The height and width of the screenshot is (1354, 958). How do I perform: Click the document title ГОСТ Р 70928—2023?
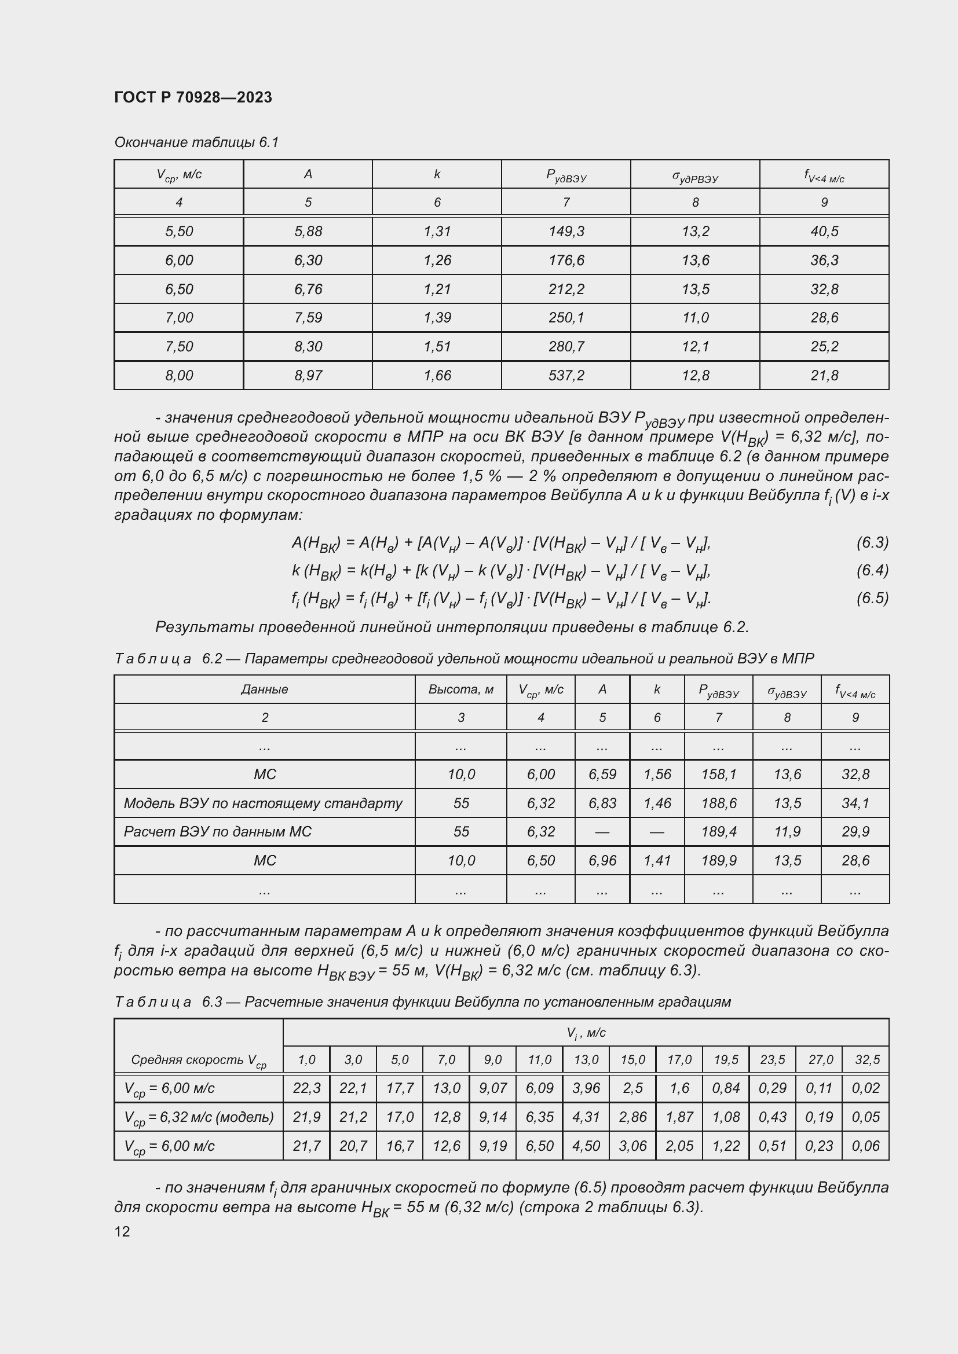pyautogui.click(x=193, y=97)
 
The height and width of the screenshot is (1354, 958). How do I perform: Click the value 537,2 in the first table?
pyautogui.click(x=566, y=375)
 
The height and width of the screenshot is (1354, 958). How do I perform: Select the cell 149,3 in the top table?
pyautogui.click(x=566, y=231)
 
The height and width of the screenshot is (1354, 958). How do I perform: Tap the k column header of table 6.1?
pyautogui.click(x=437, y=174)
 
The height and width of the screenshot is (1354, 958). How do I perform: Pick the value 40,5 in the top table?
pyautogui.click(x=824, y=231)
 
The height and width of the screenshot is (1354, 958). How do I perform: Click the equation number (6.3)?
pyautogui.click(x=872, y=542)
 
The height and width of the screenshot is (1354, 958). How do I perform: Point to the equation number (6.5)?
pyautogui.click(x=872, y=598)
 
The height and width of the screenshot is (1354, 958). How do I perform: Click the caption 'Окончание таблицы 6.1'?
pyautogui.click(x=196, y=142)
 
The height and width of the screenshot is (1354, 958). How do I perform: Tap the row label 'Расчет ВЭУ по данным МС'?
pyautogui.click(x=218, y=831)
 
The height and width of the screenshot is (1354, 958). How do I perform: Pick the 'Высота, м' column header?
pyautogui.click(x=460, y=689)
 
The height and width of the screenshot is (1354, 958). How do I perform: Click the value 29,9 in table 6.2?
pyautogui.click(x=855, y=831)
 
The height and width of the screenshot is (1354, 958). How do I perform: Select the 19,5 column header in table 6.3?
pyautogui.click(x=726, y=1060)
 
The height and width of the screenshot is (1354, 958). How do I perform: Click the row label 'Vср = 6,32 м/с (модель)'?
pyautogui.click(x=199, y=1117)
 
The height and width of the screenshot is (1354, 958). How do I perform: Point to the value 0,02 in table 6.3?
pyautogui.click(x=865, y=1088)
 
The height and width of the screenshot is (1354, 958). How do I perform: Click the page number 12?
pyautogui.click(x=122, y=1231)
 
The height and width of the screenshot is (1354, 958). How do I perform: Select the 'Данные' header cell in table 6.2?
pyautogui.click(x=264, y=689)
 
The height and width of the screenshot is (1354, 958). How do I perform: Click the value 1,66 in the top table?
pyautogui.click(x=437, y=375)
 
